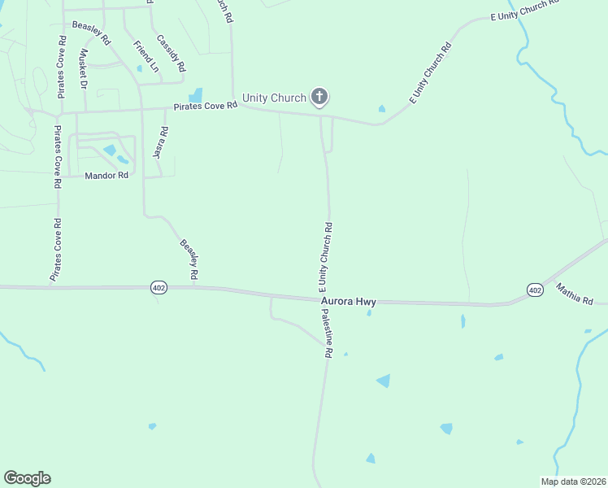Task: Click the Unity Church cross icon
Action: point(319,98)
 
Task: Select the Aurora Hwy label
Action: point(349,301)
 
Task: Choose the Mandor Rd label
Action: point(106,175)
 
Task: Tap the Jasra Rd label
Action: point(161,142)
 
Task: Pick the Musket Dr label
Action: point(82,68)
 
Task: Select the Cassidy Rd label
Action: point(171,53)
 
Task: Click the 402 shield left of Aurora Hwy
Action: point(159,288)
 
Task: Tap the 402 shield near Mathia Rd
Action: point(534,290)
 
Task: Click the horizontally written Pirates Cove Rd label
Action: point(203,106)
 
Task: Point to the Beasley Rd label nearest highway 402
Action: point(189,259)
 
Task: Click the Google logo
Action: point(27,478)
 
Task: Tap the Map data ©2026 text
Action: point(573,481)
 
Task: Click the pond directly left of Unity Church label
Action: point(196,96)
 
